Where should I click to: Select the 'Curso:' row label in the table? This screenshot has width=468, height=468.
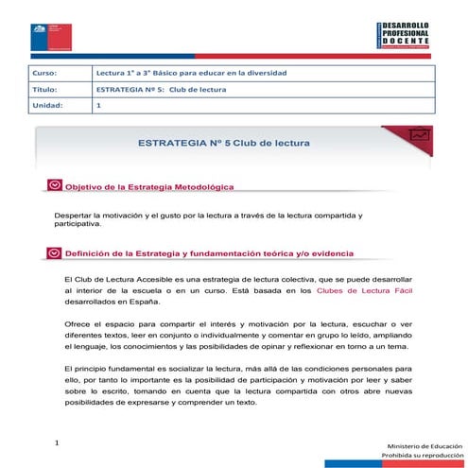45,73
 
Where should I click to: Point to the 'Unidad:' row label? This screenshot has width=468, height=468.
47,106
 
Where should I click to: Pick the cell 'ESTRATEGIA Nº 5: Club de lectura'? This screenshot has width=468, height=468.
162,89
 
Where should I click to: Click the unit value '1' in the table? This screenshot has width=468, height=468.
98,106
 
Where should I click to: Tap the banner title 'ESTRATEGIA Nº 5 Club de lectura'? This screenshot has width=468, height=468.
224,142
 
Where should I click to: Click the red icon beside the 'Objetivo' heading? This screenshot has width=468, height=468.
55,187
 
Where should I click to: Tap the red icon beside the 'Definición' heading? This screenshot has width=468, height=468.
55,253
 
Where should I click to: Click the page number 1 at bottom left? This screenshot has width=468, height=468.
57,441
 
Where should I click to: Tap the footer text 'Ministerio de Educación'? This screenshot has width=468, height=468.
422,444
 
